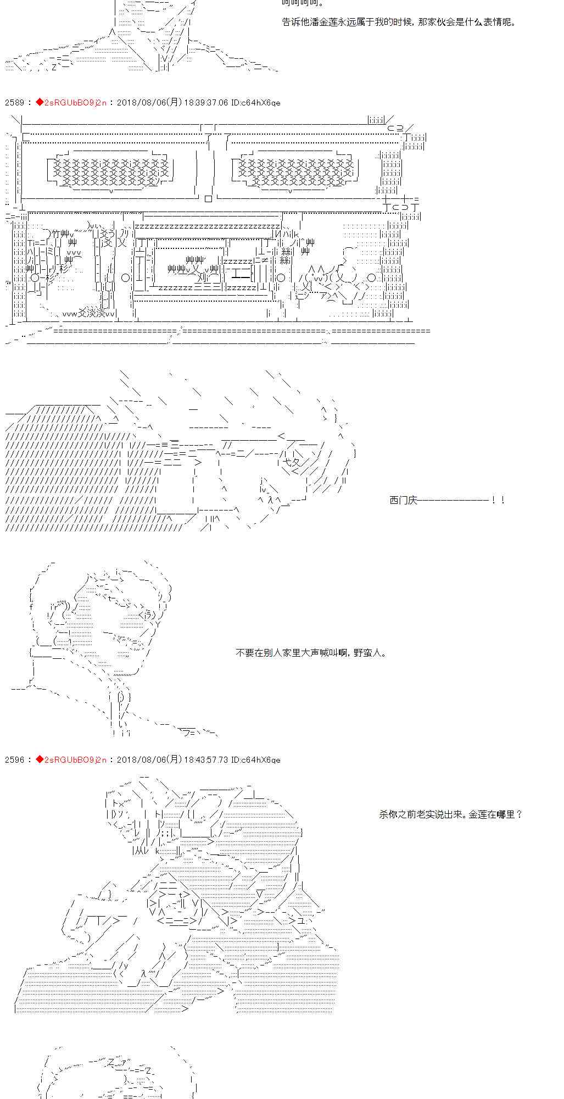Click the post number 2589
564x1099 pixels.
pos(14,103)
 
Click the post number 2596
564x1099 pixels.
pos(14,760)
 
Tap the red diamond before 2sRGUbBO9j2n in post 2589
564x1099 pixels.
pos(39,102)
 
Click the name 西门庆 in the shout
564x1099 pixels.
pos(403,500)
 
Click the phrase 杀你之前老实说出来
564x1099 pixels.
pos(421,814)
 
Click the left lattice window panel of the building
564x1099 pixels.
pos(112,171)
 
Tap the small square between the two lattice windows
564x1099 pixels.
pos(208,199)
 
